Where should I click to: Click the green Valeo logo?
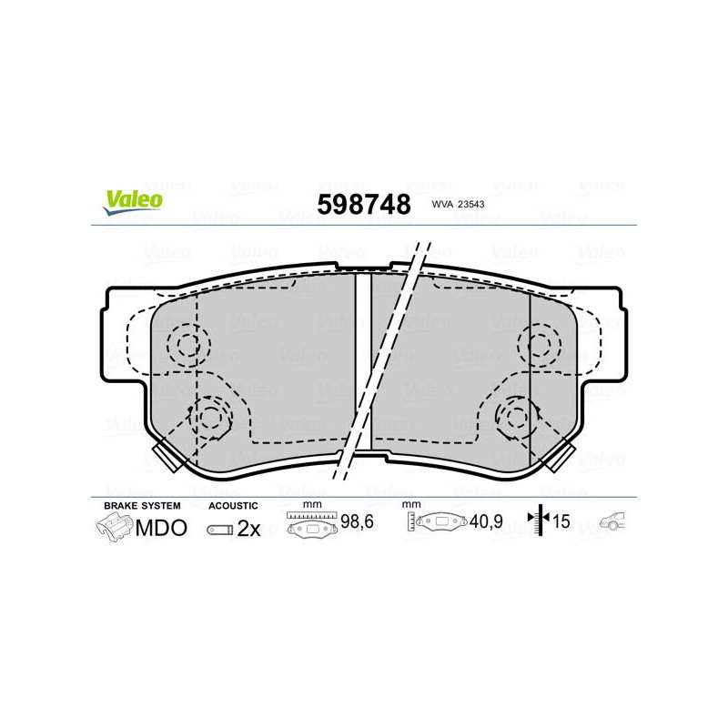coord(133,203)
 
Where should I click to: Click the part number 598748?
coord(364,204)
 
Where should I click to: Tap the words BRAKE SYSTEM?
coord(142,506)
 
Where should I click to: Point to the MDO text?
coord(161,528)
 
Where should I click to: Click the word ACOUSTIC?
coord(233,506)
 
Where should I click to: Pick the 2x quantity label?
coord(248,529)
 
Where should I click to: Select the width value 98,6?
coord(357,521)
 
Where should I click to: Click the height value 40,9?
coord(486,521)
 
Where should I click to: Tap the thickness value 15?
coord(561,521)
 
